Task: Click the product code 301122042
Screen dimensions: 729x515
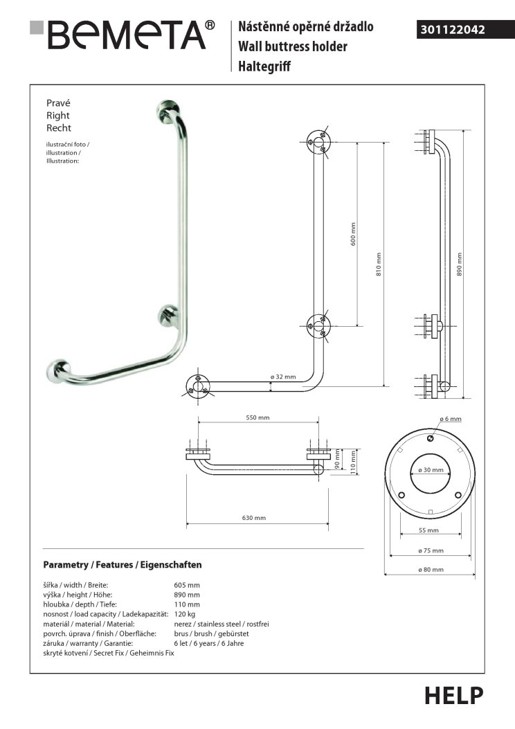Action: pyautogui.click(x=453, y=30)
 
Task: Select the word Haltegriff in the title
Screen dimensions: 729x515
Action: pyautogui.click(x=265, y=66)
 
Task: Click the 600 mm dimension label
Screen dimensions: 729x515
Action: pyautogui.click(x=352, y=234)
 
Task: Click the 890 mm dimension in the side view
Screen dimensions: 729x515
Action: pyautogui.click(x=460, y=263)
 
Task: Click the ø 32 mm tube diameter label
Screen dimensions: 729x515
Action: pyautogui.click(x=282, y=377)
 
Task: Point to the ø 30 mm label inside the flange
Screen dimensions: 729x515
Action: pyautogui.click(x=430, y=470)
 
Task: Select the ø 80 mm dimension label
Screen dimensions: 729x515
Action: pyautogui.click(x=431, y=569)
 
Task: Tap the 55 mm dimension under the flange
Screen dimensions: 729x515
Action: pyautogui.click(x=429, y=530)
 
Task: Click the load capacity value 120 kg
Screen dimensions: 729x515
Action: pyautogui.click(x=185, y=614)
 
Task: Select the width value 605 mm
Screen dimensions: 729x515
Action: pyautogui.click(x=187, y=585)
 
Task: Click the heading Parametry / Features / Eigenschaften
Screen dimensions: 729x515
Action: pyautogui.click(x=123, y=565)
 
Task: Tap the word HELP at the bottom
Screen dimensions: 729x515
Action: pyautogui.click(x=453, y=695)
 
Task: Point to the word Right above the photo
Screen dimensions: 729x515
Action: pyautogui.click(x=57, y=116)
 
